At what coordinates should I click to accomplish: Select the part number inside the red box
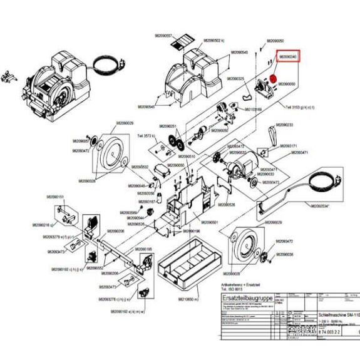pos(289,56)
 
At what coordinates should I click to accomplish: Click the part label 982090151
pos(56,197)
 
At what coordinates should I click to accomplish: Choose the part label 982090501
pos(208,222)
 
